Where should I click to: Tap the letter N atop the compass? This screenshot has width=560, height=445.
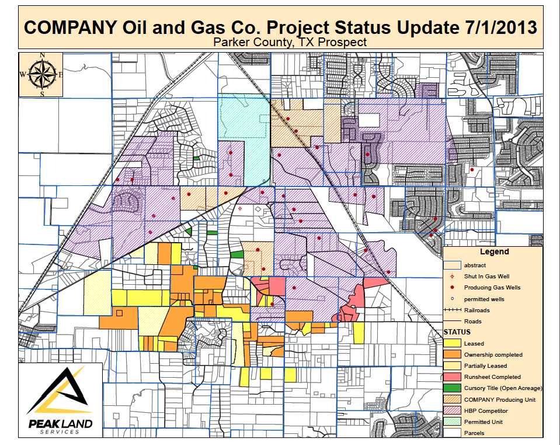tap(42, 56)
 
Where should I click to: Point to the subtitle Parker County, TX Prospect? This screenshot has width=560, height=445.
tap(290, 42)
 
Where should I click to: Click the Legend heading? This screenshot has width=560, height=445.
tap(494, 252)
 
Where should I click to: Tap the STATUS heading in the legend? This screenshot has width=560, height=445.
tap(457, 332)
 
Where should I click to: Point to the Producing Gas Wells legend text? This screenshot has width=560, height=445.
tap(492, 288)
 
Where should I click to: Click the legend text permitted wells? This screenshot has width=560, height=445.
tap(484, 299)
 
